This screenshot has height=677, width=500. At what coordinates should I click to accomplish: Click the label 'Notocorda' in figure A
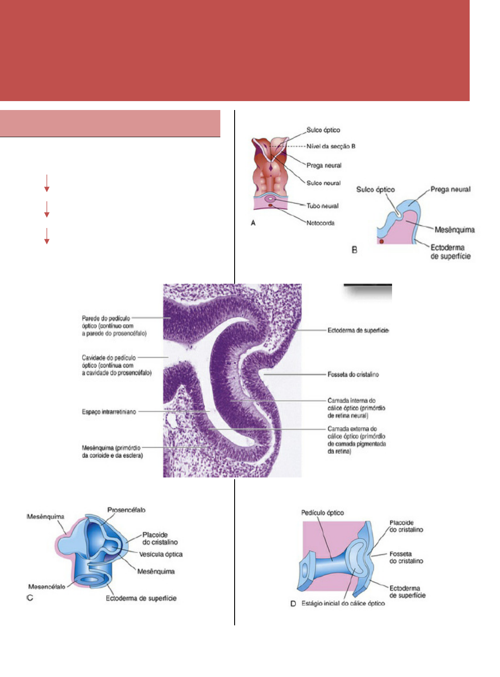click(x=320, y=223)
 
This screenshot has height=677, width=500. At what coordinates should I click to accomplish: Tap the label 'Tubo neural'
click(x=322, y=206)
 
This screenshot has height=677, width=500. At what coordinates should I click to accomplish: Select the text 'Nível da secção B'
click(x=331, y=147)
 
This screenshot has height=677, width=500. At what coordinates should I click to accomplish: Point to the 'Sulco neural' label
click(x=323, y=183)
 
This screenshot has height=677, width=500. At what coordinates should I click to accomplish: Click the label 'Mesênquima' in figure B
click(x=454, y=230)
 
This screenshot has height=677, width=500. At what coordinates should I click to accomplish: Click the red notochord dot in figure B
click(x=381, y=241)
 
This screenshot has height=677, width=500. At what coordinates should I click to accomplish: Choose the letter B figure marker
click(x=355, y=250)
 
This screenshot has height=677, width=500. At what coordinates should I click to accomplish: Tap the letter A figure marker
click(x=253, y=223)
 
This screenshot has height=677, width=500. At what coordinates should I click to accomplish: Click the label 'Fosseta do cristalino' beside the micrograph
click(x=353, y=375)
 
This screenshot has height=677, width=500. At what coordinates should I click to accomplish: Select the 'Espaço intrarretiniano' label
click(x=109, y=412)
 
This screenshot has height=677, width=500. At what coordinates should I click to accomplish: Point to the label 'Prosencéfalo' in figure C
click(x=126, y=510)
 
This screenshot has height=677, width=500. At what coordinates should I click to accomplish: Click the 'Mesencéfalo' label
click(x=47, y=587)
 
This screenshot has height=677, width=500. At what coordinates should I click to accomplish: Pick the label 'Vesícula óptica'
click(x=161, y=555)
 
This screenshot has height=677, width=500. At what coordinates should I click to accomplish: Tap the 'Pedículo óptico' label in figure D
click(x=322, y=513)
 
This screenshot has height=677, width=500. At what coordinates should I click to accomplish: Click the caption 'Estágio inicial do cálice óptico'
click(x=343, y=604)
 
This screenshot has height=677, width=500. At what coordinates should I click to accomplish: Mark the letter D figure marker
click(x=293, y=604)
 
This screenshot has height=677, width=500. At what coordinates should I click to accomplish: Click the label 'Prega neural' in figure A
click(x=324, y=165)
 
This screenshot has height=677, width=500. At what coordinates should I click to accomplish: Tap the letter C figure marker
click(x=30, y=598)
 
